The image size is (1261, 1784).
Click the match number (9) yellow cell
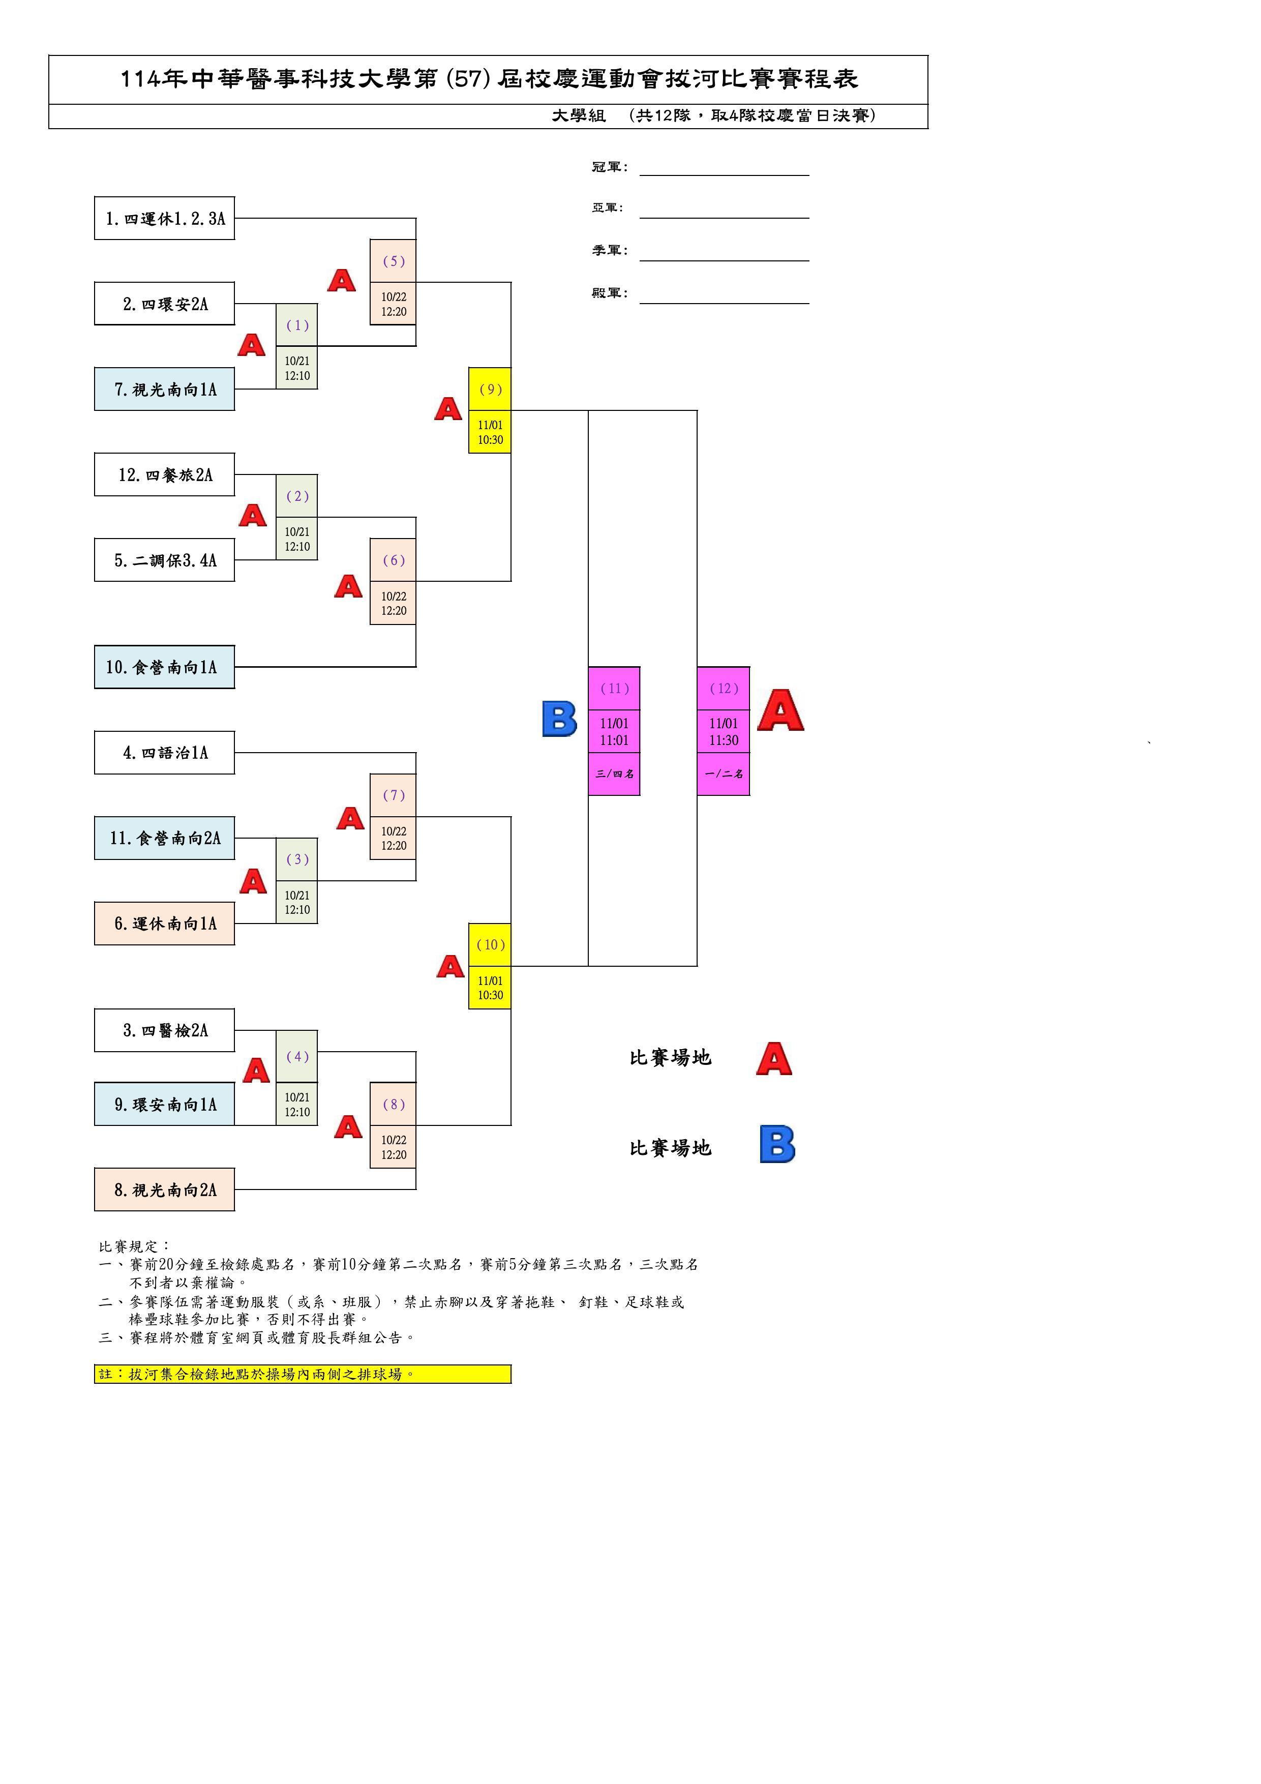point(490,389)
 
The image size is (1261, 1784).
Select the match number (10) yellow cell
point(490,945)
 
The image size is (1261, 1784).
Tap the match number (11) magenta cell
point(614,689)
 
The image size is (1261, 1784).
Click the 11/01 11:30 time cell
point(724,731)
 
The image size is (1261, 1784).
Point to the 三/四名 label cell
point(614,774)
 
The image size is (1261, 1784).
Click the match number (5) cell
point(393,261)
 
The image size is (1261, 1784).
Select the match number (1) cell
point(297,325)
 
